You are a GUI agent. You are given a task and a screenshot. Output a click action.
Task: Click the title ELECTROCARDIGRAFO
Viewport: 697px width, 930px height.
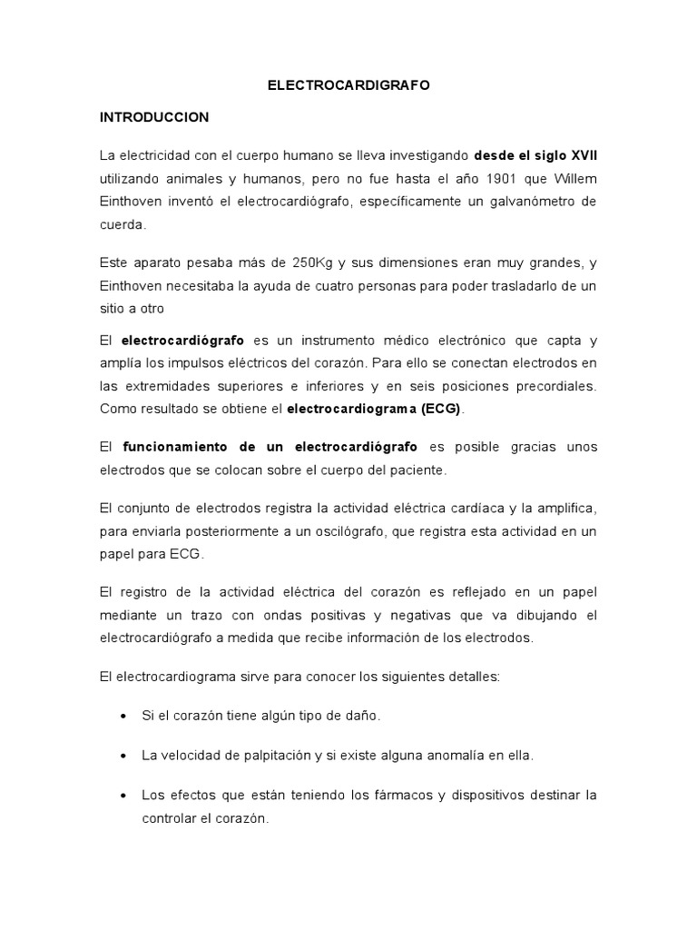pyautogui.click(x=348, y=84)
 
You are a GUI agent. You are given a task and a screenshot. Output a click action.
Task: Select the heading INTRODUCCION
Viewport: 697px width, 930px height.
pyautogui.click(x=154, y=117)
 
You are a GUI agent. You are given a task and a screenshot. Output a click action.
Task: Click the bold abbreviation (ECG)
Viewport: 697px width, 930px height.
pyautogui.click(x=439, y=409)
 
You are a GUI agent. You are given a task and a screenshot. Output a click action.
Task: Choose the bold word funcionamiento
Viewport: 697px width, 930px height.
pyautogui.click(x=176, y=448)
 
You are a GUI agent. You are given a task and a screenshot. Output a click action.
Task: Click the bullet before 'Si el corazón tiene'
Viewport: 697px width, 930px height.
pyautogui.click(x=123, y=716)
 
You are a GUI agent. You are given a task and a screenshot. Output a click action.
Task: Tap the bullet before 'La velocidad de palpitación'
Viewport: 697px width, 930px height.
pyautogui.click(x=123, y=756)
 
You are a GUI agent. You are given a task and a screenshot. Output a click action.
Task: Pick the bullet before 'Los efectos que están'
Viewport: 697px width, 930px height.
pyautogui.click(x=123, y=796)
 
